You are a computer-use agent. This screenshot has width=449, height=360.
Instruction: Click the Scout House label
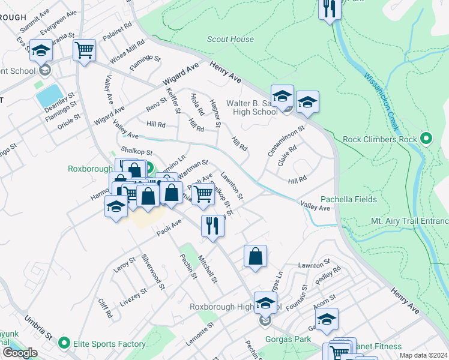pos(230,40)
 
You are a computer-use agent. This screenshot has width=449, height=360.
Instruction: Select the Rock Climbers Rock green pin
pos(426,139)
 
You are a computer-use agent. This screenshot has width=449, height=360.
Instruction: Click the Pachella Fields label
pos(348,199)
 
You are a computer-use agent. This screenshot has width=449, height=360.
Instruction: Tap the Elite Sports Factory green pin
pos(65,344)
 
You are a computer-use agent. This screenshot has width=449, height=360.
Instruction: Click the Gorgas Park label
pos(289,339)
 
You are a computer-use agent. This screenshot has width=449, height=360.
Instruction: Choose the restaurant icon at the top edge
pos(330,8)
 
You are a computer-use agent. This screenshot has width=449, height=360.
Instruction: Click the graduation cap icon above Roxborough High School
pos(265,302)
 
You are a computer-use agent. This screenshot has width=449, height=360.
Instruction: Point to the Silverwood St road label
pos(153,272)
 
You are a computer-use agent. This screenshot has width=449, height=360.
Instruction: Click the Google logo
pos(19,353)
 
